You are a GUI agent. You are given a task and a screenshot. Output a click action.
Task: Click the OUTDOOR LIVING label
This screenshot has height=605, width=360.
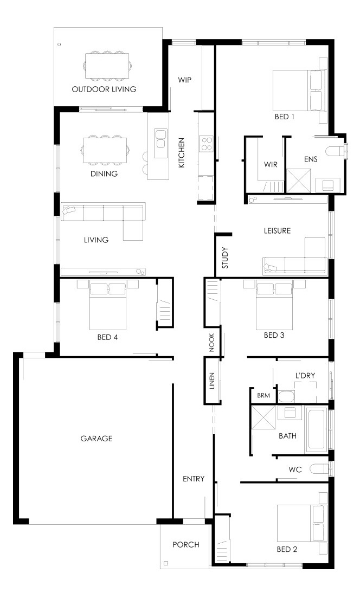pyautogui.click(x=104, y=89)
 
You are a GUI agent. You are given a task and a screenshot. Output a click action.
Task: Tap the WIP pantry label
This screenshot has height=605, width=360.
pyautogui.click(x=184, y=80)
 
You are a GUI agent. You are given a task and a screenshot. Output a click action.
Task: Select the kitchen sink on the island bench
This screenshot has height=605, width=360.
pyautogui.click(x=160, y=139)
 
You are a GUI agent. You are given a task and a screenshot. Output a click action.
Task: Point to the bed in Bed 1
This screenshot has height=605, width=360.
pyautogui.click(x=297, y=91)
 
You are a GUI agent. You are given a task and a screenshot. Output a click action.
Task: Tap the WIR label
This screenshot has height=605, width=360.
pyautogui.click(x=271, y=164)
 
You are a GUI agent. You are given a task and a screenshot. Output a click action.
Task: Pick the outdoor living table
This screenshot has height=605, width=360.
pyautogui.click(x=107, y=66)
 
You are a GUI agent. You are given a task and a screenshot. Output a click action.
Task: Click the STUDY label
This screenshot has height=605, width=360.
pyautogui.click(x=226, y=258)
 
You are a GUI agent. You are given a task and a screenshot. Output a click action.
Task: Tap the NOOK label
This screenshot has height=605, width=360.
pyautogui.click(x=211, y=343)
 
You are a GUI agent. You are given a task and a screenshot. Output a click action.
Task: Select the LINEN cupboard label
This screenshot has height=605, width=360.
pyautogui.click(x=212, y=381)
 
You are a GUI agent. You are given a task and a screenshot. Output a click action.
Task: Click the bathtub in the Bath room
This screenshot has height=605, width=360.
pyautogui.click(x=317, y=429)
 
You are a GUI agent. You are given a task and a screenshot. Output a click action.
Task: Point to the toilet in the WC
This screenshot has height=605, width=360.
pyautogui.click(x=319, y=469)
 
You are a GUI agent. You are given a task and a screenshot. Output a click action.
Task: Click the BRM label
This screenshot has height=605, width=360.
pyautogui.click(x=263, y=396)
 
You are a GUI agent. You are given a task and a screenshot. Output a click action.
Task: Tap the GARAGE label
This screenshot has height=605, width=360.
pyautogui.click(x=97, y=439)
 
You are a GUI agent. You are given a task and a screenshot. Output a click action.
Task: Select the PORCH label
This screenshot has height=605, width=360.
pyautogui.click(x=186, y=544)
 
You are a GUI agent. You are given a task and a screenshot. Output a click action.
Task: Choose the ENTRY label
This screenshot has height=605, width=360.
pyautogui.click(x=194, y=479)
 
